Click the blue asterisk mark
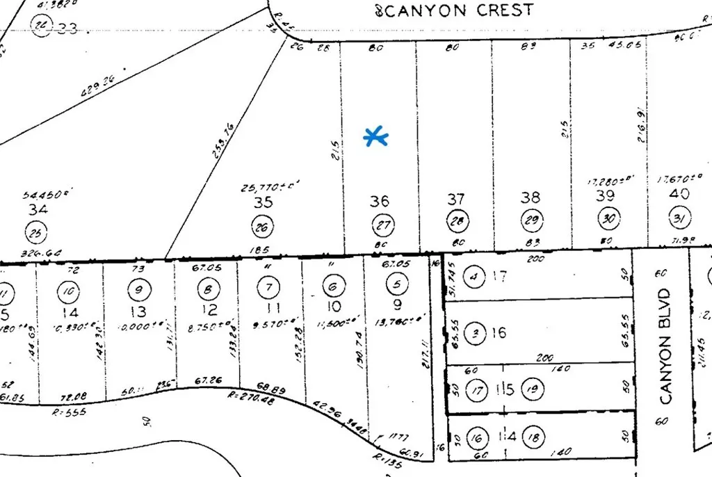[376, 137]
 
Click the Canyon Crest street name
[455, 10]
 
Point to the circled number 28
[457, 223]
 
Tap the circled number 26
[263, 226]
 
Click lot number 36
[380, 202]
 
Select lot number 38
[531, 197]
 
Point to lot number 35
[263, 203]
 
